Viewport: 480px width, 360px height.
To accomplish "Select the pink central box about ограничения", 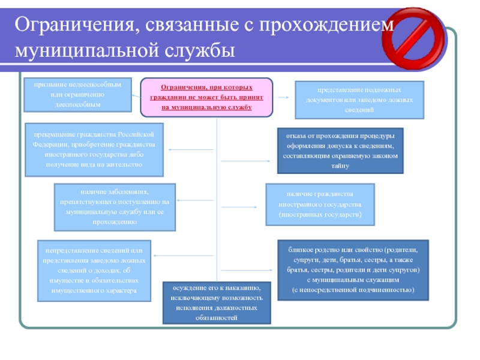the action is [206, 97].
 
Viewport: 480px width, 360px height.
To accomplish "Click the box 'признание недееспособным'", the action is [77, 95].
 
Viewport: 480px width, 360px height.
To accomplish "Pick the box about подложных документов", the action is [359, 100].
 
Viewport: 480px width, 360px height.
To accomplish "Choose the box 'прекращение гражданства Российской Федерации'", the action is [94, 151].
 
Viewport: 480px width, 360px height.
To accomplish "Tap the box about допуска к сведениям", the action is [340, 151].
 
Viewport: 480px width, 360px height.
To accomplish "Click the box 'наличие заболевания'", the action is [115, 207].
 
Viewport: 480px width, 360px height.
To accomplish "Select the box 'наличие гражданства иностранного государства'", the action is [320, 204].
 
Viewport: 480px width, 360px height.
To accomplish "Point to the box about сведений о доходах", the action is [94, 270].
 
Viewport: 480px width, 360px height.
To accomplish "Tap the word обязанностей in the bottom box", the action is [217, 317].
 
